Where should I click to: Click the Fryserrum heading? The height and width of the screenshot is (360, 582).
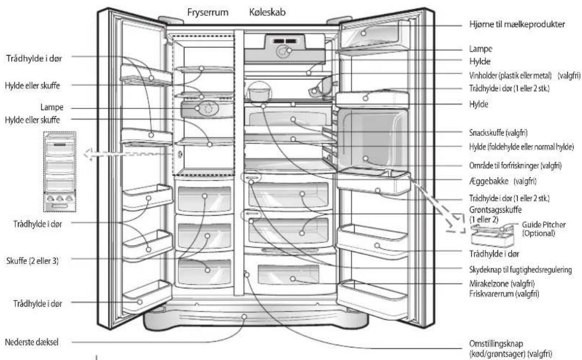pos(207,13)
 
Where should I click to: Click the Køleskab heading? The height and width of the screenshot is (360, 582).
pos(267,12)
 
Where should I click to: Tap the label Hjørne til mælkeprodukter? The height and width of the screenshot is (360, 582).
pos(517,25)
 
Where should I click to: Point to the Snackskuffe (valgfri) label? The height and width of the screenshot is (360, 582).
pos(498,133)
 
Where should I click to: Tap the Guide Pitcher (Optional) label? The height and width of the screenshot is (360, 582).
pos(544,229)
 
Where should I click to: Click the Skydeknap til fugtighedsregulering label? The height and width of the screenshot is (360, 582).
pos(520,270)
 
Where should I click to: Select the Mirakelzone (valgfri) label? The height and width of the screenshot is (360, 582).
pos(502,284)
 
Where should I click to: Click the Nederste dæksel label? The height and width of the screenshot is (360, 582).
pos(32,342)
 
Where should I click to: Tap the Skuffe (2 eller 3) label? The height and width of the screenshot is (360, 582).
pos(32,261)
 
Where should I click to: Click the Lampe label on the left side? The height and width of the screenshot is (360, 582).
pos(52,107)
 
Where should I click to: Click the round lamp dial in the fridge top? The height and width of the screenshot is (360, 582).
pos(284,51)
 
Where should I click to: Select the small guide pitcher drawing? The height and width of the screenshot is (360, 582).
pos(493,235)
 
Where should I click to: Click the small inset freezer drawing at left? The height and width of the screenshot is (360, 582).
pos(60,172)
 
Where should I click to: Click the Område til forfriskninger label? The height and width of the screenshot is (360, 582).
pos(515,165)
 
